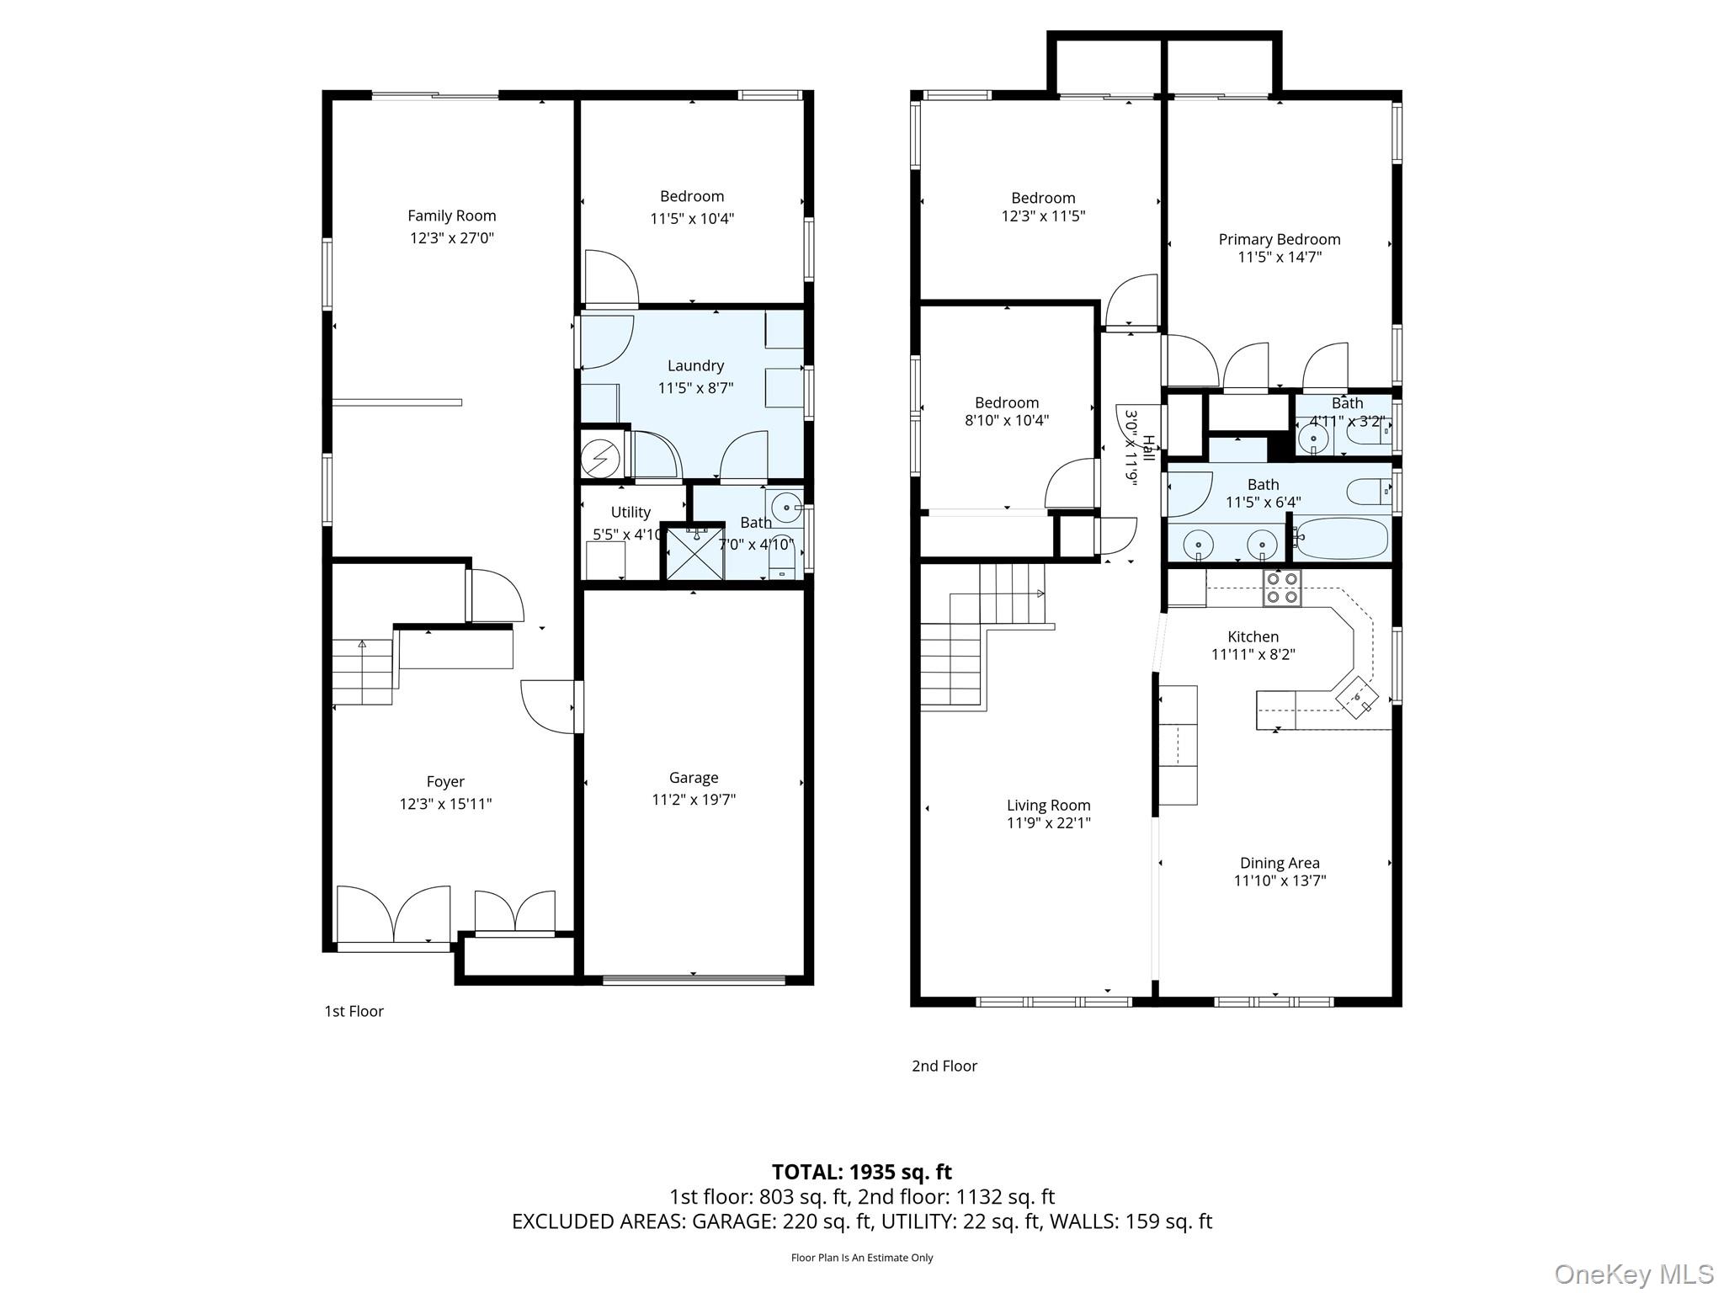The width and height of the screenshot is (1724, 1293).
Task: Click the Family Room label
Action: [x=452, y=215]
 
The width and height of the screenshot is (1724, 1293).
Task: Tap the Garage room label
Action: [x=694, y=778]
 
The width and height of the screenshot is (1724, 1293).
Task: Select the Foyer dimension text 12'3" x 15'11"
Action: [x=445, y=804]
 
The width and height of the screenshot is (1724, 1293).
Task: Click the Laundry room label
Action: [x=695, y=365]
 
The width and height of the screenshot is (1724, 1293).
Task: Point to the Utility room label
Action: [x=631, y=512]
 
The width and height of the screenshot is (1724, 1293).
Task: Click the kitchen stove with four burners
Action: [x=1281, y=588]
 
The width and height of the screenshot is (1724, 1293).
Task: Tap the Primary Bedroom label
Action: [x=1280, y=239]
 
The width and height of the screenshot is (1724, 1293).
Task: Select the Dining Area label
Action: [x=1280, y=863]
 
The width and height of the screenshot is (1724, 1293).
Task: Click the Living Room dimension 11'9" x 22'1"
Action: [x=1049, y=823]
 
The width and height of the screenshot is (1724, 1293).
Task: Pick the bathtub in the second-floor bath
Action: [x=1340, y=539]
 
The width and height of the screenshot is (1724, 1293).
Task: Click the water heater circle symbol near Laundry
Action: [x=601, y=459]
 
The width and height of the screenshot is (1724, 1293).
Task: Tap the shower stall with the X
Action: [x=695, y=551]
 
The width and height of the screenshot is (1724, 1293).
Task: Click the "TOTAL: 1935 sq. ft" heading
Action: [x=862, y=1172]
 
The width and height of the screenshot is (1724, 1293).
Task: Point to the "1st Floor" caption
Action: [x=354, y=1011]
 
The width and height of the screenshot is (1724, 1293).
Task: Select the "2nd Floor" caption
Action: [x=944, y=1066]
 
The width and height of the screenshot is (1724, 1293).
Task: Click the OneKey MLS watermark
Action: [x=1634, y=1274]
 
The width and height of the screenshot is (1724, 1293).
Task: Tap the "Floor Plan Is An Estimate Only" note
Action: [x=862, y=1258]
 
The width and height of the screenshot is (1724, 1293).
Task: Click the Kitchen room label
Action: [x=1253, y=637]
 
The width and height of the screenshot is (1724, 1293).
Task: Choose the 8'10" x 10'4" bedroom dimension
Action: [x=1007, y=420]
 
